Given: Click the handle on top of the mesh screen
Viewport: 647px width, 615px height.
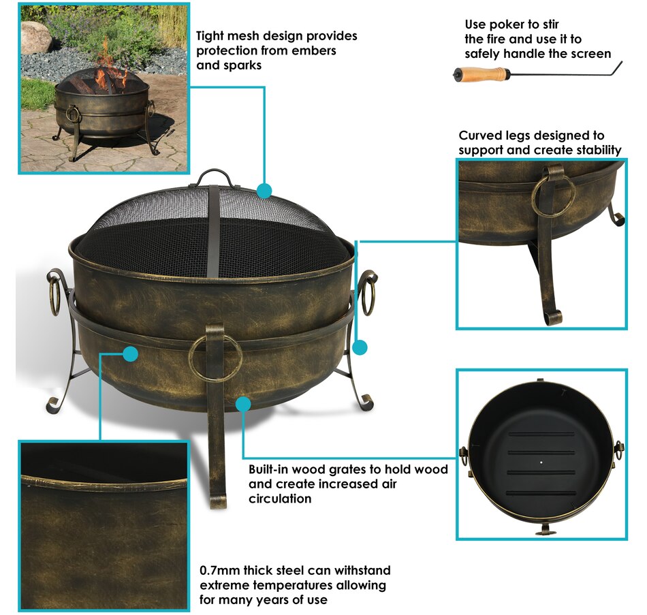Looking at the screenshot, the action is click(x=214, y=178).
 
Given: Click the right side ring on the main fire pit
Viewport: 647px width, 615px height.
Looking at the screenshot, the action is click(x=368, y=293).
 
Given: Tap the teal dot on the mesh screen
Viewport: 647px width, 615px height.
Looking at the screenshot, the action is click(x=264, y=191).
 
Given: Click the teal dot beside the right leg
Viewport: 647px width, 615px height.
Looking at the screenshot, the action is click(x=360, y=347).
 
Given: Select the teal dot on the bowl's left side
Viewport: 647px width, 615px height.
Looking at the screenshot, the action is click(x=130, y=353).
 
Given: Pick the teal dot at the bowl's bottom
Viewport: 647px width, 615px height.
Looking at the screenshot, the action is click(x=243, y=404).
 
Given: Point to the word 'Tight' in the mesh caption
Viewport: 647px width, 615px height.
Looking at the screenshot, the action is click(x=210, y=36).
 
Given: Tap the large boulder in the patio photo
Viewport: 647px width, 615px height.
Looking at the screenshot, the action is click(x=35, y=37).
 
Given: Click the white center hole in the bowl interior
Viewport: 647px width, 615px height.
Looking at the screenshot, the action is click(x=541, y=462).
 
